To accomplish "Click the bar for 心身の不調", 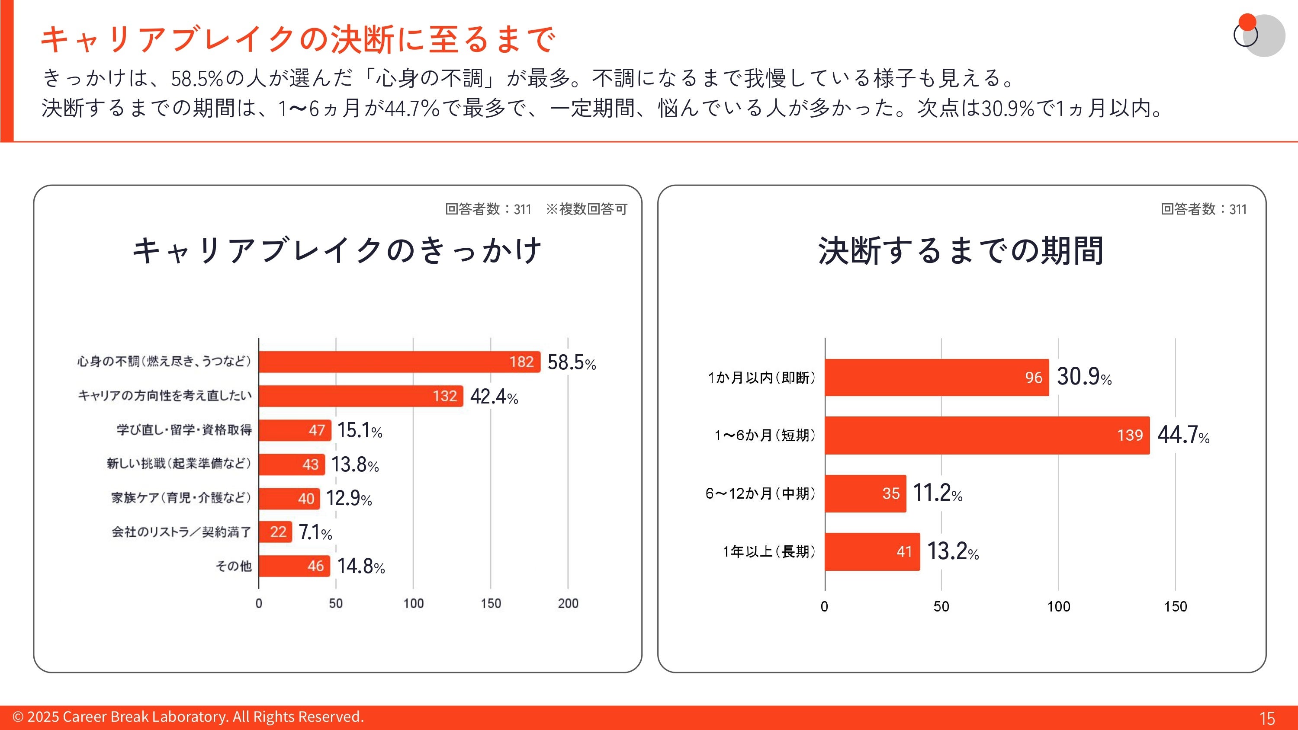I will click(x=399, y=362).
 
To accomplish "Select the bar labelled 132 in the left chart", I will click(x=361, y=396).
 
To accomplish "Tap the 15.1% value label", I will click(x=359, y=431).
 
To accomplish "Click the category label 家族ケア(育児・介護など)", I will click(x=181, y=498).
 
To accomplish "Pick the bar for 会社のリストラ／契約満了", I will click(x=275, y=532).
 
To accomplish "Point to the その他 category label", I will click(x=233, y=566).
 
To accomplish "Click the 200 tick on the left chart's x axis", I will click(x=568, y=604).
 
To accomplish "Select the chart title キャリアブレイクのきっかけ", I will click(x=337, y=250).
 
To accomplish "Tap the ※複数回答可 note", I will click(x=587, y=209).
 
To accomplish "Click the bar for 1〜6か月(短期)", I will click(x=986, y=435).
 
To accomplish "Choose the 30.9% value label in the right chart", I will click(x=1084, y=377).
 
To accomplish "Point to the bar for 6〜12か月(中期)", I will click(x=865, y=494).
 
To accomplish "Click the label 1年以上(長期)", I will click(x=768, y=552).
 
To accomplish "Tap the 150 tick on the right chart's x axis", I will click(x=1175, y=607).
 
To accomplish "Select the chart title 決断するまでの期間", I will click(x=961, y=250).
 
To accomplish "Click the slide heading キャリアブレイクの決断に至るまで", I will click(x=298, y=39).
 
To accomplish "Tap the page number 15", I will click(x=1267, y=718).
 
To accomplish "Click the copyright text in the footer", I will click(x=188, y=717).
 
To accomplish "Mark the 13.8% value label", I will click(x=355, y=464).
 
